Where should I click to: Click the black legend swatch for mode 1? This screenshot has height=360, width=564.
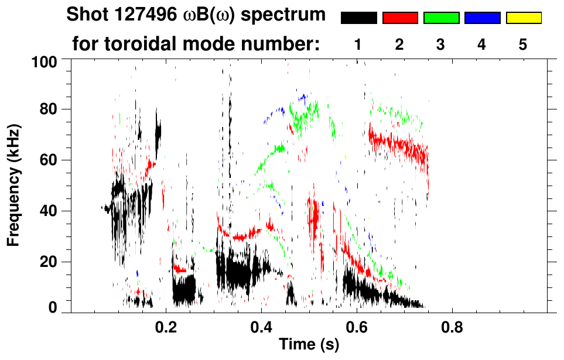tap(358, 18)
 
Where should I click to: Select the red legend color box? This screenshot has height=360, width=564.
tap(399, 18)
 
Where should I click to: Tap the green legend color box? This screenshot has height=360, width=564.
tap(441, 18)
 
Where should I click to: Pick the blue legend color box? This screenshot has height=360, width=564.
tap(482, 18)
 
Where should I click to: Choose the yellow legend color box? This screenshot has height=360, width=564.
tap(523, 18)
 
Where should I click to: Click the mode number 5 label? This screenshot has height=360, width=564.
tap(523, 44)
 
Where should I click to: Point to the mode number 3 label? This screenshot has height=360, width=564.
tap(441, 44)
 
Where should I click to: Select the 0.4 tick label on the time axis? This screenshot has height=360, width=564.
tap(262, 325)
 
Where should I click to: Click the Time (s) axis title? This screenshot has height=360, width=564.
tap(309, 345)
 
